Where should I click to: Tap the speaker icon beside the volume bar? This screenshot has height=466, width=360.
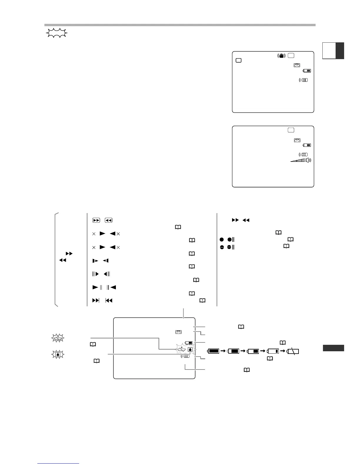[x=308, y=160]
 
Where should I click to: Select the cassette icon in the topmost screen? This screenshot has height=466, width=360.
[x=296, y=65]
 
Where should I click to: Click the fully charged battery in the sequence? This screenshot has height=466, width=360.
[x=214, y=351]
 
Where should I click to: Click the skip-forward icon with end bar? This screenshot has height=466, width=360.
[x=96, y=301]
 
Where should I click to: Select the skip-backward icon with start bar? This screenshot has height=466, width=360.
[x=109, y=301]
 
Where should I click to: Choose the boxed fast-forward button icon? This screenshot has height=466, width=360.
[x=96, y=220]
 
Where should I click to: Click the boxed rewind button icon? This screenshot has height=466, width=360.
[x=109, y=220]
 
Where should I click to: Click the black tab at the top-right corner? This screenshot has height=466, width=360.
[x=340, y=51]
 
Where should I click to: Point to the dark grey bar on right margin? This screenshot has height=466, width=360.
[x=333, y=348]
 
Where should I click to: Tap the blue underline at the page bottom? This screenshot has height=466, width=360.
[x=59, y=464]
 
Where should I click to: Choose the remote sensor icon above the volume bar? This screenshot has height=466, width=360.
[x=303, y=154]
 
